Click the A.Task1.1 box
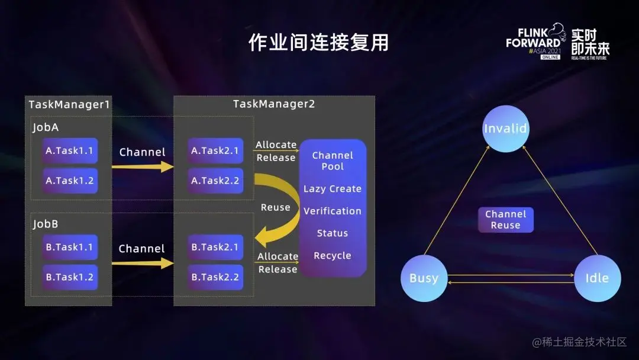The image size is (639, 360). tap(70, 151)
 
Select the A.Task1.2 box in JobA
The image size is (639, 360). tap(70, 181)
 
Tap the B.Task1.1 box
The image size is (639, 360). tap(70, 247)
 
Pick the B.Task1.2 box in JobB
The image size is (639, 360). tap(70, 277)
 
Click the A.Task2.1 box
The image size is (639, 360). tap(215, 151)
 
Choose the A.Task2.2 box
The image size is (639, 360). tap(215, 181)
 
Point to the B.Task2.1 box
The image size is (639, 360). tap(215, 247)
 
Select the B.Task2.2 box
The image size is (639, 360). tap(215, 277)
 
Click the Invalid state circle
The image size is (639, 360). tap(505, 129)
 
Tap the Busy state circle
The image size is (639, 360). tap(424, 278)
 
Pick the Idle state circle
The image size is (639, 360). tap(597, 278)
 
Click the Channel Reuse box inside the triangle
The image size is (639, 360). tap(505, 220)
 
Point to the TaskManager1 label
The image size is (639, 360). tap(69, 105)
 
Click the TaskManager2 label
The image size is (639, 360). tap(274, 104)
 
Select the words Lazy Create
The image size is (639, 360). tap(333, 189)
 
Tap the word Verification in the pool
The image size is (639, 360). tap(333, 211)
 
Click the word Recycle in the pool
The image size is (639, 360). tap(333, 256)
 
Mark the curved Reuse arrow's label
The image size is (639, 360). tap(276, 208)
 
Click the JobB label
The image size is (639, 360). tap(46, 225)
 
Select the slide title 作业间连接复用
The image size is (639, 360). tap(318, 43)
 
